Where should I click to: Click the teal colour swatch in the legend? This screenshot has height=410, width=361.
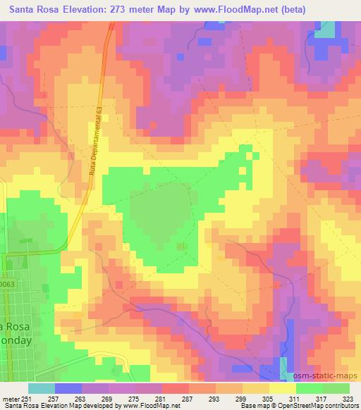pyautogui.click(x=42, y=388)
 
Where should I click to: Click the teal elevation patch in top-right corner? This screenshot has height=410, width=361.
pyautogui.click(x=324, y=29)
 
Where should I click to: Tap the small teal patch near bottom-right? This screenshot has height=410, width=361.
pyautogui.click(x=285, y=366)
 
